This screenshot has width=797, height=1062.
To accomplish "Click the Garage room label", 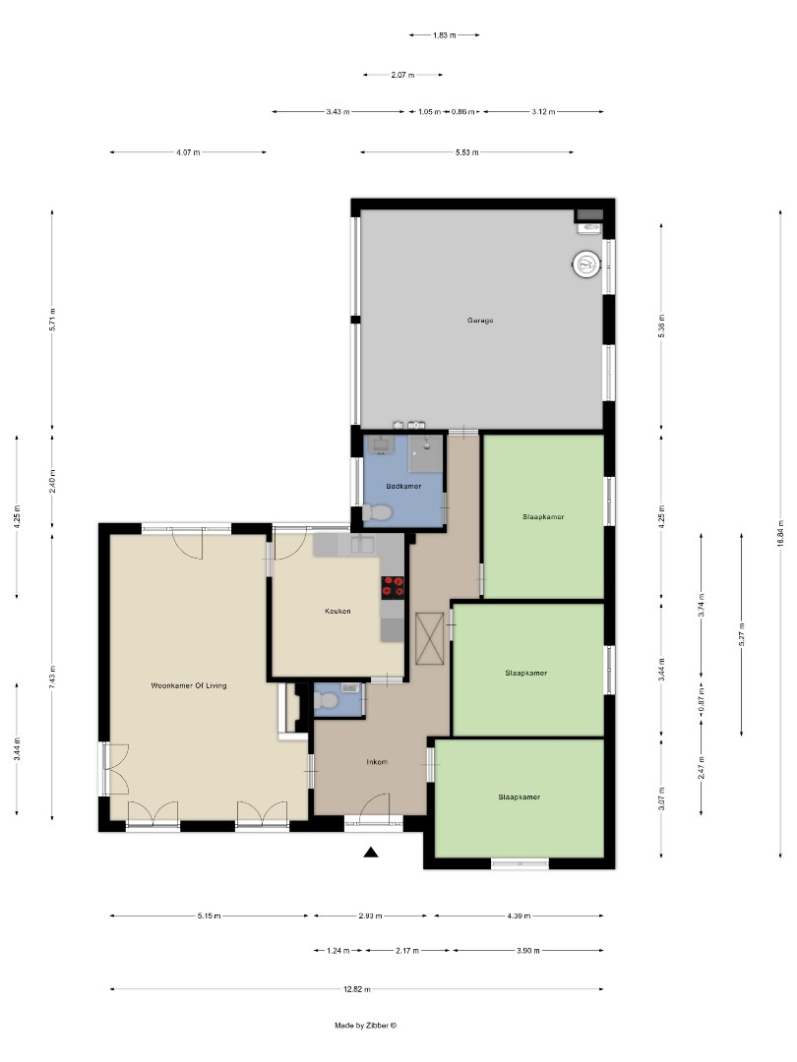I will [480, 320].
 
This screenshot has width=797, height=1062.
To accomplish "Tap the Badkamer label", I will [404, 486].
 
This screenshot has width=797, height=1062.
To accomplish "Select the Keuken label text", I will [337, 611].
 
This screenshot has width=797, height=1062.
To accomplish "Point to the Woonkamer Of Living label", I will [189, 685].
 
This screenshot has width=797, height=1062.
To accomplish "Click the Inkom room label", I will [377, 762].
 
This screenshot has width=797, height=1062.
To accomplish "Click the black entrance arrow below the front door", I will [371, 853].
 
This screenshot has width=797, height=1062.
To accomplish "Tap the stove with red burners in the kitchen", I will [393, 587].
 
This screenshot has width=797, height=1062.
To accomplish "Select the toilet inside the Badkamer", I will [377, 511].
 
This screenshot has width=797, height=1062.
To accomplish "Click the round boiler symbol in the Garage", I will [585, 264].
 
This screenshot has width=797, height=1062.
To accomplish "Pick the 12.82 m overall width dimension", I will [356, 989].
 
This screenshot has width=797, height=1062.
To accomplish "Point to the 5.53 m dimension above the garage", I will [467, 152].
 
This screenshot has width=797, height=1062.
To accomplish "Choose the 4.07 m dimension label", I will [188, 152].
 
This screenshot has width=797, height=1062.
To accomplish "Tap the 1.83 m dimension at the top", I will [444, 35].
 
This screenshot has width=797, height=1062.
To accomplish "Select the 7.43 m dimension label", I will [53, 677].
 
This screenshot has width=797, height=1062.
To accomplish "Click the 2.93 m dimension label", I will [370, 916].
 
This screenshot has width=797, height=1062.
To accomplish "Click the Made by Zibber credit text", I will [365, 1025].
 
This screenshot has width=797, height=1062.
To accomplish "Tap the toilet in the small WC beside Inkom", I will [331, 700].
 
